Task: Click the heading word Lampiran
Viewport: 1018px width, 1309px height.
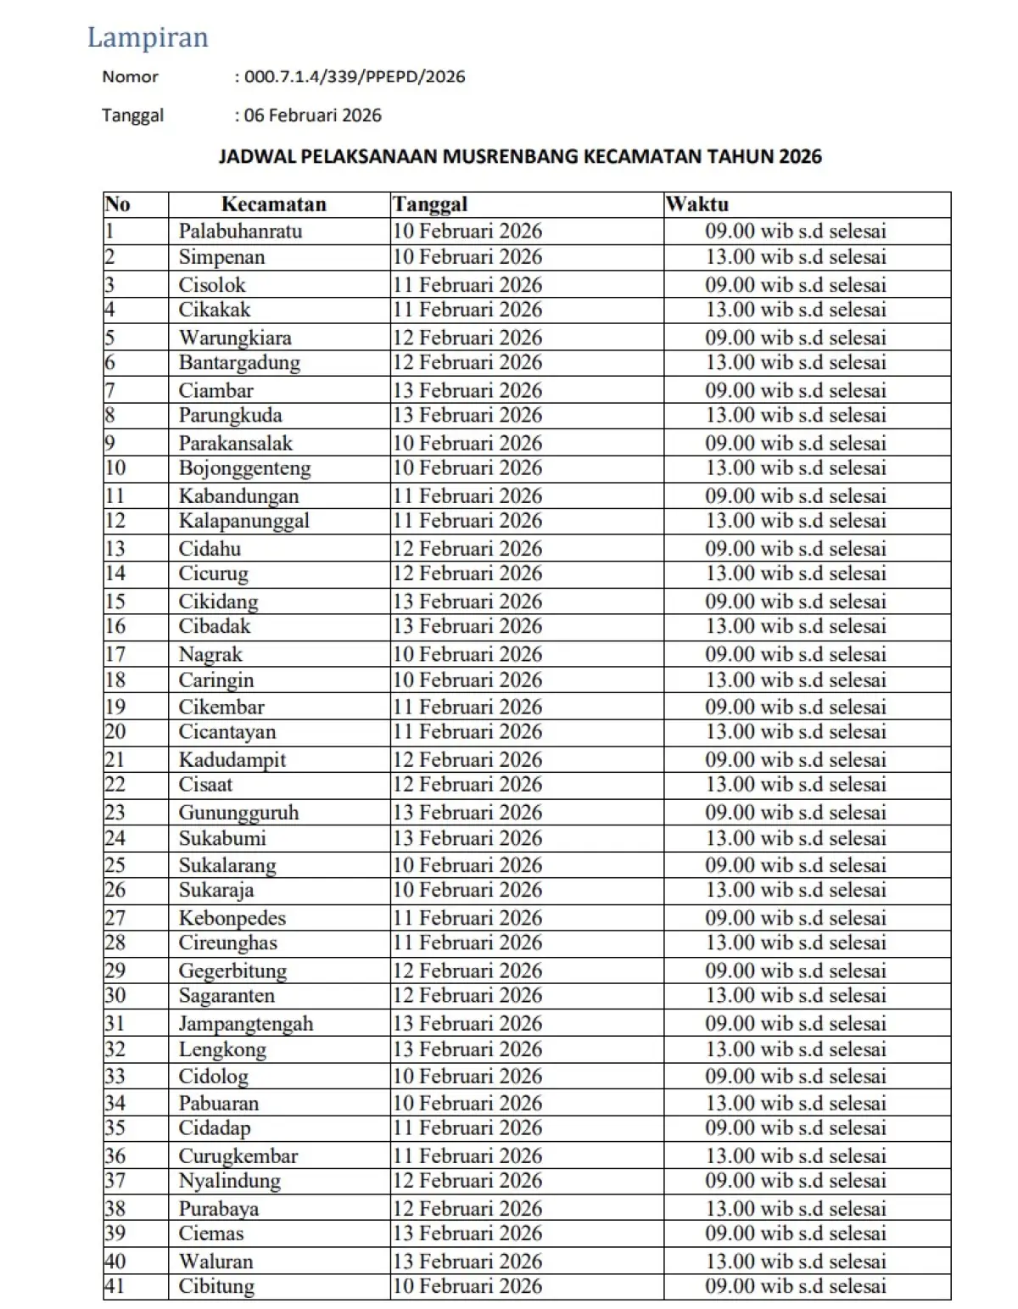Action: pos(148,37)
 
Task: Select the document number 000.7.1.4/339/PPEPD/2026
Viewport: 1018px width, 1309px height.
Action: pos(355,76)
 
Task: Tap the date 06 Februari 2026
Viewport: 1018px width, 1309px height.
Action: pos(312,115)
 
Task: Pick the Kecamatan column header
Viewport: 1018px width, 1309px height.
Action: pos(273,204)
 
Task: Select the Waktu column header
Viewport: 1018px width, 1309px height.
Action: pos(697,204)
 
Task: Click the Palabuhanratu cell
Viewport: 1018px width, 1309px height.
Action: pos(240,231)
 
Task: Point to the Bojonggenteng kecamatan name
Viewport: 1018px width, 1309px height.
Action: pos(244,468)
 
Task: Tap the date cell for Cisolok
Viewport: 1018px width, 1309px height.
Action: pos(467,285)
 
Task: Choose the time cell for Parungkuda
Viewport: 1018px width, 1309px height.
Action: pos(796,416)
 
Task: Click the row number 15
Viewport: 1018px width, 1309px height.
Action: pos(115,601)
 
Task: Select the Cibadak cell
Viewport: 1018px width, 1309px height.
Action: pos(215,626)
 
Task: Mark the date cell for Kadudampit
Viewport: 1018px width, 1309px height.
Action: pos(467,760)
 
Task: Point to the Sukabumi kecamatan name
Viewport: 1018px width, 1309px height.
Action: pos(222,838)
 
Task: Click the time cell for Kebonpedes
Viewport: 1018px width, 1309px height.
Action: pos(796,918)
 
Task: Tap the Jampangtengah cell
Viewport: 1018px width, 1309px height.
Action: pos(246,1024)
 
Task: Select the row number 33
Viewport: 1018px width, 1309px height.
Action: pos(115,1077)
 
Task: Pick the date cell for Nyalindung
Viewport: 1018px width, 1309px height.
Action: pos(467,1181)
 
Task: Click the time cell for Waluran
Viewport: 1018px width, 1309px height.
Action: pos(796,1261)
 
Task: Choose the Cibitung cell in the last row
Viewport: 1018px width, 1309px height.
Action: pos(216,1286)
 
